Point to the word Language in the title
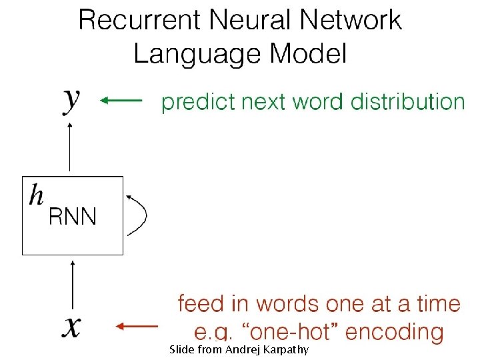coord(191,54)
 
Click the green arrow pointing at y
coord(121,101)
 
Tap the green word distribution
coord(407,102)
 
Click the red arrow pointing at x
coord(137,326)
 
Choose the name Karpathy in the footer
coord(284,349)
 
